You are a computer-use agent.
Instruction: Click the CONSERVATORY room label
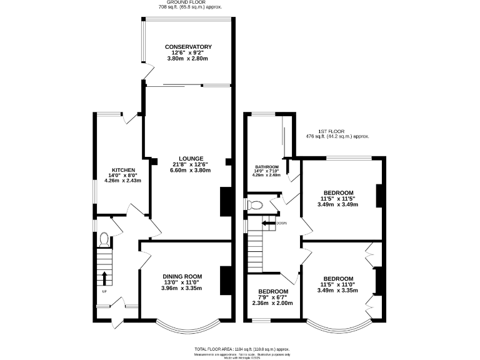click(x=188, y=47)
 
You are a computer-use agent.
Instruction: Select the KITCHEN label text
click(x=123, y=170)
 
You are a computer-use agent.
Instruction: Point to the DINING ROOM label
click(x=182, y=276)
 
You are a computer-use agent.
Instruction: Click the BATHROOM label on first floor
click(x=266, y=167)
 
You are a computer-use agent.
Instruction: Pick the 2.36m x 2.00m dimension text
click(x=272, y=303)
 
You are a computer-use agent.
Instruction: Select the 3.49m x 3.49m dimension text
click(x=338, y=204)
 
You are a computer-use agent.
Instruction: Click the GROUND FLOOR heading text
click(x=181, y=2)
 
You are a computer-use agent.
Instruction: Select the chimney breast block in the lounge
click(x=224, y=201)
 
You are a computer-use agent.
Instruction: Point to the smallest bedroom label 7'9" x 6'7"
click(x=272, y=297)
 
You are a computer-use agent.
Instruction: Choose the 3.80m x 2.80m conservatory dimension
click(x=187, y=58)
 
